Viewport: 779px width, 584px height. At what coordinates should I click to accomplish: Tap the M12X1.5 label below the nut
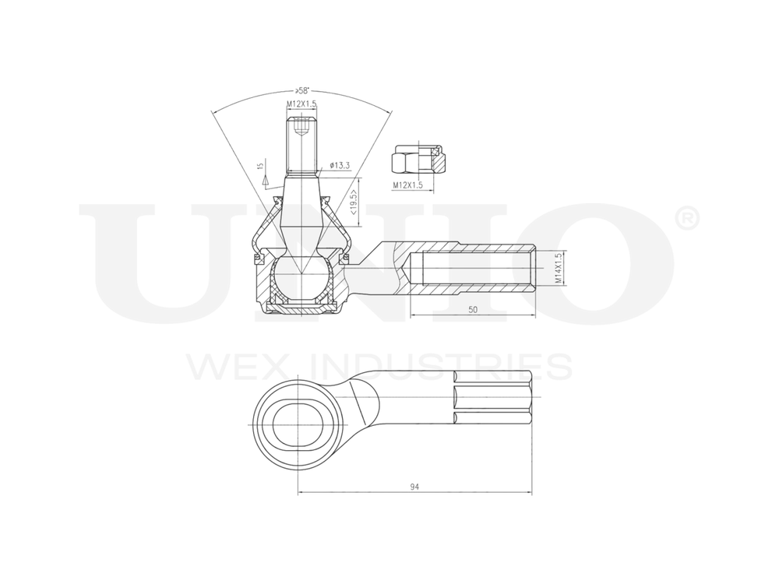pyautogui.click(x=407, y=185)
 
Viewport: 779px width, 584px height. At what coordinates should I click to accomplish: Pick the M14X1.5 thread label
pyautogui.click(x=558, y=268)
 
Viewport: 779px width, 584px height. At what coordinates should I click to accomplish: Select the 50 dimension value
pyautogui.click(x=472, y=309)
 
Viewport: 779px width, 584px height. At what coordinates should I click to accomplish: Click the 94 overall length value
pyautogui.click(x=414, y=487)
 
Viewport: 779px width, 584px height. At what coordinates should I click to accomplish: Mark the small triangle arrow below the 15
pyautogui.click(x=266, y=179)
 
